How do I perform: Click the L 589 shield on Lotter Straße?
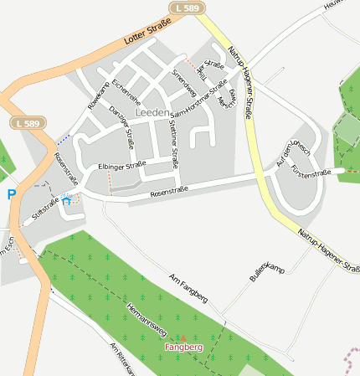pos(187,8)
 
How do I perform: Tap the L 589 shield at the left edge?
pos(26,123)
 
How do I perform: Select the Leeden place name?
pos(152,111)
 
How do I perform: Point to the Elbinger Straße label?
pos(121,165)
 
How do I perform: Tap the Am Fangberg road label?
pos(188,287)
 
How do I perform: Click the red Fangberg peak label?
pos(183,347)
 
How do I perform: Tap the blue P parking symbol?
pos(12,194)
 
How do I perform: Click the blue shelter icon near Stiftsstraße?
pos(65,200)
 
